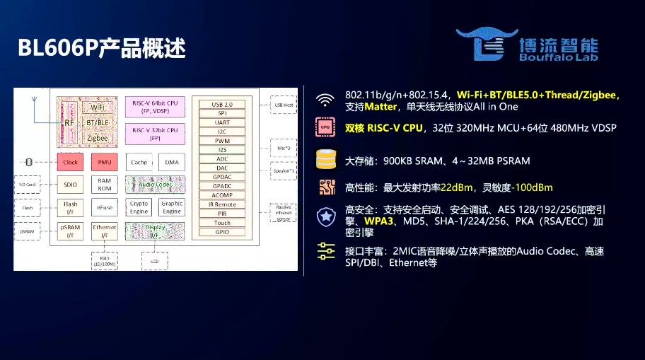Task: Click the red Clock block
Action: pos(71,162)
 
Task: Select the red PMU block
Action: pos(104,162)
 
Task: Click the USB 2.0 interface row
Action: pos(221,104)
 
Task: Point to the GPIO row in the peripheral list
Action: pos(221,232)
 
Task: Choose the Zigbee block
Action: pos(97,138)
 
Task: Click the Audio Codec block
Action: pos(155,185)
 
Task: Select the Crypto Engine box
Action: pos(139,207)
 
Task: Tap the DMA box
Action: pos(171,162)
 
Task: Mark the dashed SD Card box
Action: pos(28,185)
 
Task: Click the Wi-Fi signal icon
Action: pos(325,100)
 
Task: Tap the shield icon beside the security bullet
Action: pos(325,216)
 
